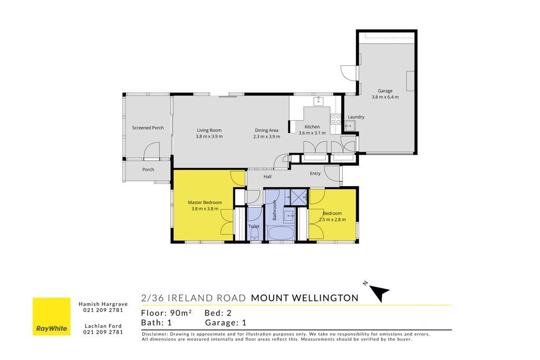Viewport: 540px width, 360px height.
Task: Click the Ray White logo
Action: pyautogui.click(x=51, y=316)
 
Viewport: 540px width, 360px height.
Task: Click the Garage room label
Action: pyautogui.click(x=385, y=91)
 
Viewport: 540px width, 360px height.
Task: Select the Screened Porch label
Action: pyautogui.click(x=148, y=128)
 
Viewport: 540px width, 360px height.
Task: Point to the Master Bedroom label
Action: pyautogui.click(x=205, y=202)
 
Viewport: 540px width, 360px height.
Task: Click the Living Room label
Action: pyautogui.click(x=209, y=130)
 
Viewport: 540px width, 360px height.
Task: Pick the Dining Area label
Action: pyautogui.click(x=266, y=130)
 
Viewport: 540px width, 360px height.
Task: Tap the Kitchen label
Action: pyautogui.click(x=312, y=127)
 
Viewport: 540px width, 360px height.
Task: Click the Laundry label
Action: pyautogui.click(x=356, y=117)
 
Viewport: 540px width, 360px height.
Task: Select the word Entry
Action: pyautogui.click(x=315, y=173)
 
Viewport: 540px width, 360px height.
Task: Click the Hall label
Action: pyautogui.click(x=267, y=177)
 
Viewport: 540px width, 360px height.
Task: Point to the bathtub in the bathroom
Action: pyautogui.click(x=281, y=233)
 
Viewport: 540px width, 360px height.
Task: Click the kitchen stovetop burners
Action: pyautogui.click(x=335, y=119)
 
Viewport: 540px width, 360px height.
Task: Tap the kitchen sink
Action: pyautogui.click(x=319, y=101)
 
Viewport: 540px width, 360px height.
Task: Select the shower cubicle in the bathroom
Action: pyautogui.click(x=298, y=197)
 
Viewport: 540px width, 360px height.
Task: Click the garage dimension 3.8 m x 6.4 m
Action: pyautogui.click(x=385, y=97)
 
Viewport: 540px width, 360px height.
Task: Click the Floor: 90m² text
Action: pyautogui.click(x=166, y=313)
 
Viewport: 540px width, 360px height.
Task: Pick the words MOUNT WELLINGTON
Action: pyautogui.click(x=305, y=298)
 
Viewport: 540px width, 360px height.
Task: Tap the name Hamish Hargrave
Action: pyautogui.click(x=103, y=304)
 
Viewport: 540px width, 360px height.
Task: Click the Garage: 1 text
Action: pyautogui.click(x=226, y=323)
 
